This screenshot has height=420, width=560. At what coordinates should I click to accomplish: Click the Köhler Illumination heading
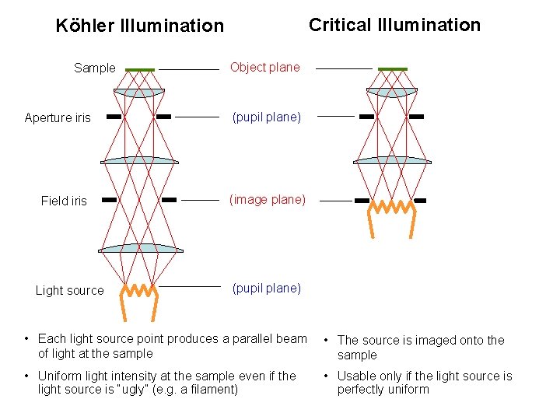(x=139, y=26)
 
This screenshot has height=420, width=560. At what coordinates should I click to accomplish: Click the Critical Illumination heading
(x=394, y=25)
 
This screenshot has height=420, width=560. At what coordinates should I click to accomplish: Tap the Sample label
(x=94, y=68)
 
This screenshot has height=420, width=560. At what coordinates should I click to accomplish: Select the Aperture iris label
(x=58, y=118)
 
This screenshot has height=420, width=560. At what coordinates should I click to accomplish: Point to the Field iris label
(x=64, y=201)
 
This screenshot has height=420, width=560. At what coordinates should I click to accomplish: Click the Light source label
(x=69, y=291)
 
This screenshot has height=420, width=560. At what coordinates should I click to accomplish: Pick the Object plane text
(x=264, y=68)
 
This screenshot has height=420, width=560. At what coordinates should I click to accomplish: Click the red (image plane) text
(x=267, y=200)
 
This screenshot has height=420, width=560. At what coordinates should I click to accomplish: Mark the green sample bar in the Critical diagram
(x=392, y=69)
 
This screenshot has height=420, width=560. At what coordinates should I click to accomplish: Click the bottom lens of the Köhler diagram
(x=141, y=249)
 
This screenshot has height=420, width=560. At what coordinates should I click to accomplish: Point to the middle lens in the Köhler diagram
(x=140, y=160)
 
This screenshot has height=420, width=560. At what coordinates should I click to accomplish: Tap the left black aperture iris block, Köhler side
(x=114, y=117)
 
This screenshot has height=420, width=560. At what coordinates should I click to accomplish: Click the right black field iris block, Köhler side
(x=169, y=200)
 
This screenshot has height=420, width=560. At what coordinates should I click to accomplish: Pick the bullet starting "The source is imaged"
(x=420, y=348)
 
